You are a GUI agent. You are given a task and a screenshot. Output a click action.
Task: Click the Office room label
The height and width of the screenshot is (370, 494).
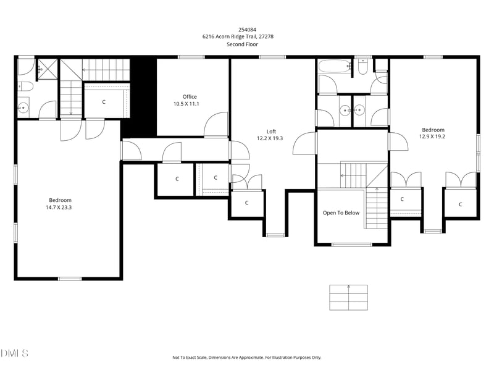point(190,96)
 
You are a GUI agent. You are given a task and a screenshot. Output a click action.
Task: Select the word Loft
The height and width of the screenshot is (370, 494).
point(270,131)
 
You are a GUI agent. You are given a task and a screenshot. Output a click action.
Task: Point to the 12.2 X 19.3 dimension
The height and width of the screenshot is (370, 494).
point(270,138)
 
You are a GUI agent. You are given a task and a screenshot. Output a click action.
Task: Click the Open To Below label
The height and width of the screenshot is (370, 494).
point(341,212)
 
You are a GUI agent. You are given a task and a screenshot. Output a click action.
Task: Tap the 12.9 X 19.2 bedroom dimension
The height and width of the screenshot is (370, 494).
point(432,137)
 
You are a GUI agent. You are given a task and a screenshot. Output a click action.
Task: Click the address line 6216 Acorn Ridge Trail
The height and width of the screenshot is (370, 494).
point(238,36)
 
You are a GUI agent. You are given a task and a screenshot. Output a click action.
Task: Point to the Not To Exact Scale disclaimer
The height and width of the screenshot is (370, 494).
point(246,357)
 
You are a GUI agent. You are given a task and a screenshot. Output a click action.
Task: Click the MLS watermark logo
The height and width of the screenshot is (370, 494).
point(14,353)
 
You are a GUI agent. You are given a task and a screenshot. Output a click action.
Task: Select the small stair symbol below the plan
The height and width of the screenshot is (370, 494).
point(348,297)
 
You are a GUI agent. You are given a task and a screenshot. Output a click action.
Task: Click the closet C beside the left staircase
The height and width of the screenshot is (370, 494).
point(104,101)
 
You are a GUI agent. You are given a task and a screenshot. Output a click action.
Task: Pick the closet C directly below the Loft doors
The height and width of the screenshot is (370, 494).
point(246,203)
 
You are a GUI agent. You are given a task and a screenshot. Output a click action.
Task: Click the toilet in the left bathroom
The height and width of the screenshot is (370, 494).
point(23,86)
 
